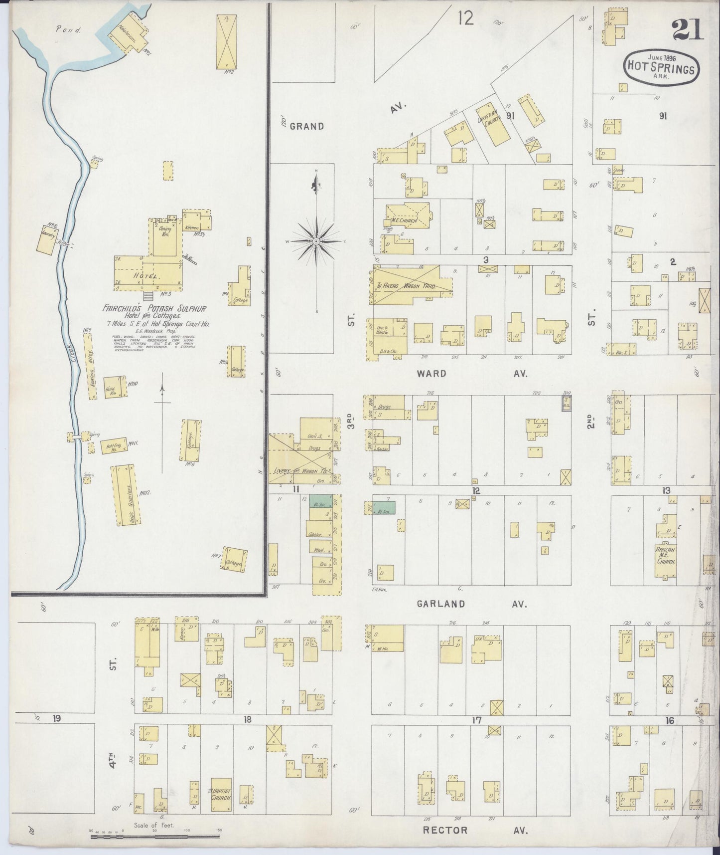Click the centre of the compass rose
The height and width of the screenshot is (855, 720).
coord(316,241)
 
